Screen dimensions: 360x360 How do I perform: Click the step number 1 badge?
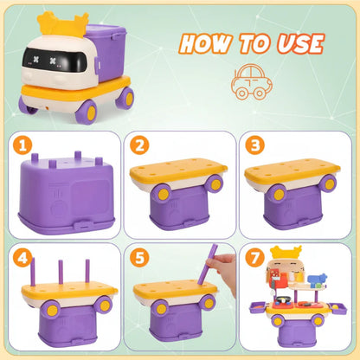pyautogui.click(x=22, y=145)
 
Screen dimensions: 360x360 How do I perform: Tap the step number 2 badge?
pyautogui.click(x=139, y=145)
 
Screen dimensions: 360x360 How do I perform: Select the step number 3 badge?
pyautogui.click(x=254, y=145)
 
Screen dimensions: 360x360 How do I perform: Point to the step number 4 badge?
pyautogui.click(x=22, y=257)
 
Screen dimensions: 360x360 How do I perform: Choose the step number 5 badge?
pyautogui.click(x=139, y=257)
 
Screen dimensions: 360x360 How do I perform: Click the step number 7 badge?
pyautogui.click(x=254, y=257)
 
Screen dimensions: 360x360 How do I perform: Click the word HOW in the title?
pyautogui.click(x=206, y=44)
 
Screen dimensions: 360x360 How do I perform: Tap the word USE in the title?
pyautogui.click(x=300, y=44)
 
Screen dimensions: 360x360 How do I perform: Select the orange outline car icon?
pyautogui.click(x=251, y=82)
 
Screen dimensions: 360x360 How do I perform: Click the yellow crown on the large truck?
pyautogui.click(x=62, y=25)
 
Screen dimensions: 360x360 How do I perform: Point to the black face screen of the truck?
pyautogui.click(x=54, y=61)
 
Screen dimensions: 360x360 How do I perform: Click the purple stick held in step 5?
pyautogui.click(x=207, y=264)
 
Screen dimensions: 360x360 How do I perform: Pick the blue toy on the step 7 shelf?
pyautogui.click(x=318, y=280)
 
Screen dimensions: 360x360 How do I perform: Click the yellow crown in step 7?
pyautogui.click(x=286, y=252)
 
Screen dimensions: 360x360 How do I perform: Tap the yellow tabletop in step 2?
pyautogui.click(x=178, y=170)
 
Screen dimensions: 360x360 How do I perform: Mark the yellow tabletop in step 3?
pyautogui.click(x=292, y=170)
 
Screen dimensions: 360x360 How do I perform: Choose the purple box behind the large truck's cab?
pyautogui.click(x=107, y=52)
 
